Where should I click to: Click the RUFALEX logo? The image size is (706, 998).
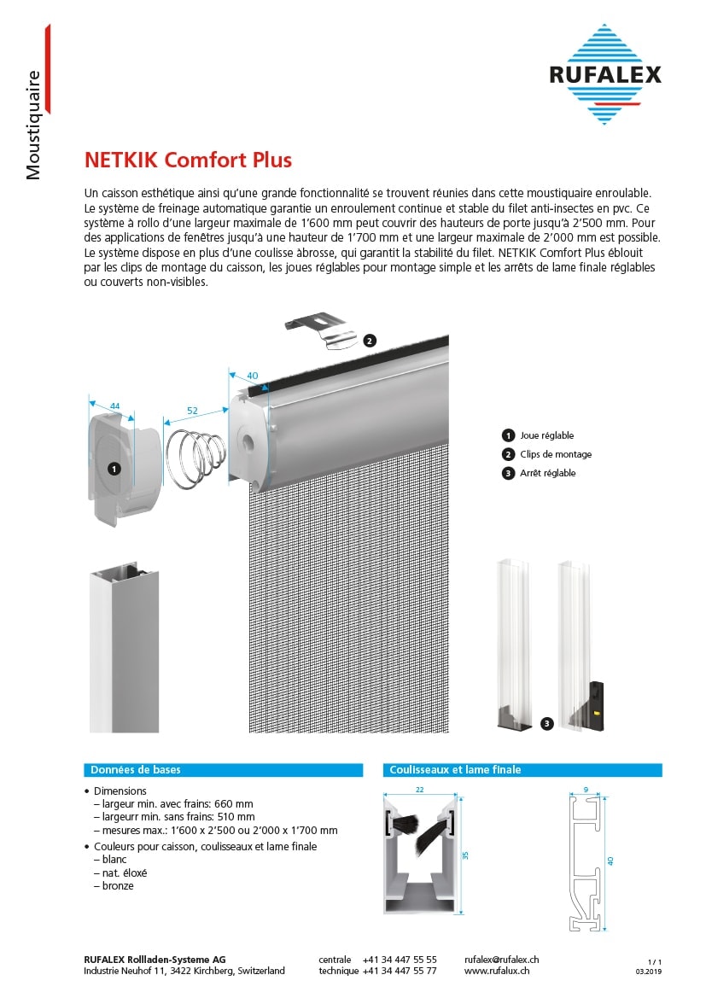coord(605,75)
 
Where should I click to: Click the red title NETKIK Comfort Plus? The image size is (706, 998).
coord(188,160)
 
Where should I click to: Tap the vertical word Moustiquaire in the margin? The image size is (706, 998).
coord(33,125)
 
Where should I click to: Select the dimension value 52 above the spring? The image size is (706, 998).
coord(192,411)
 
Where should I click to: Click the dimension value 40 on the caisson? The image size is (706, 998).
coord(252,376)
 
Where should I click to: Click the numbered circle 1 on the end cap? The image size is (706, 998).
coord(115,469)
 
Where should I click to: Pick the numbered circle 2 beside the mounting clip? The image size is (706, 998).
coord(369,340)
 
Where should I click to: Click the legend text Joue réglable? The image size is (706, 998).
coord(547,435)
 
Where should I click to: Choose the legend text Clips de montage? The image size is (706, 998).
coord(556,454)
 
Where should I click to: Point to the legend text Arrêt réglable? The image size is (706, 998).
coord(548,473)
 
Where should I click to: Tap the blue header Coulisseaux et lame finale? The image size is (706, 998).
coord(455,770)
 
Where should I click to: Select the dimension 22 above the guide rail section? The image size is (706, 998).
coord(419,790)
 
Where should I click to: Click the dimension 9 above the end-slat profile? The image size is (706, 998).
coord(585,790)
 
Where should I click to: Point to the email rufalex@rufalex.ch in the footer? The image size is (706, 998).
coord(501,960)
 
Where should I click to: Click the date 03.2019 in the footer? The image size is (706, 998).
coord(649,972)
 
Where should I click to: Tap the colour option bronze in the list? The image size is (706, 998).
coord(118,886)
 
